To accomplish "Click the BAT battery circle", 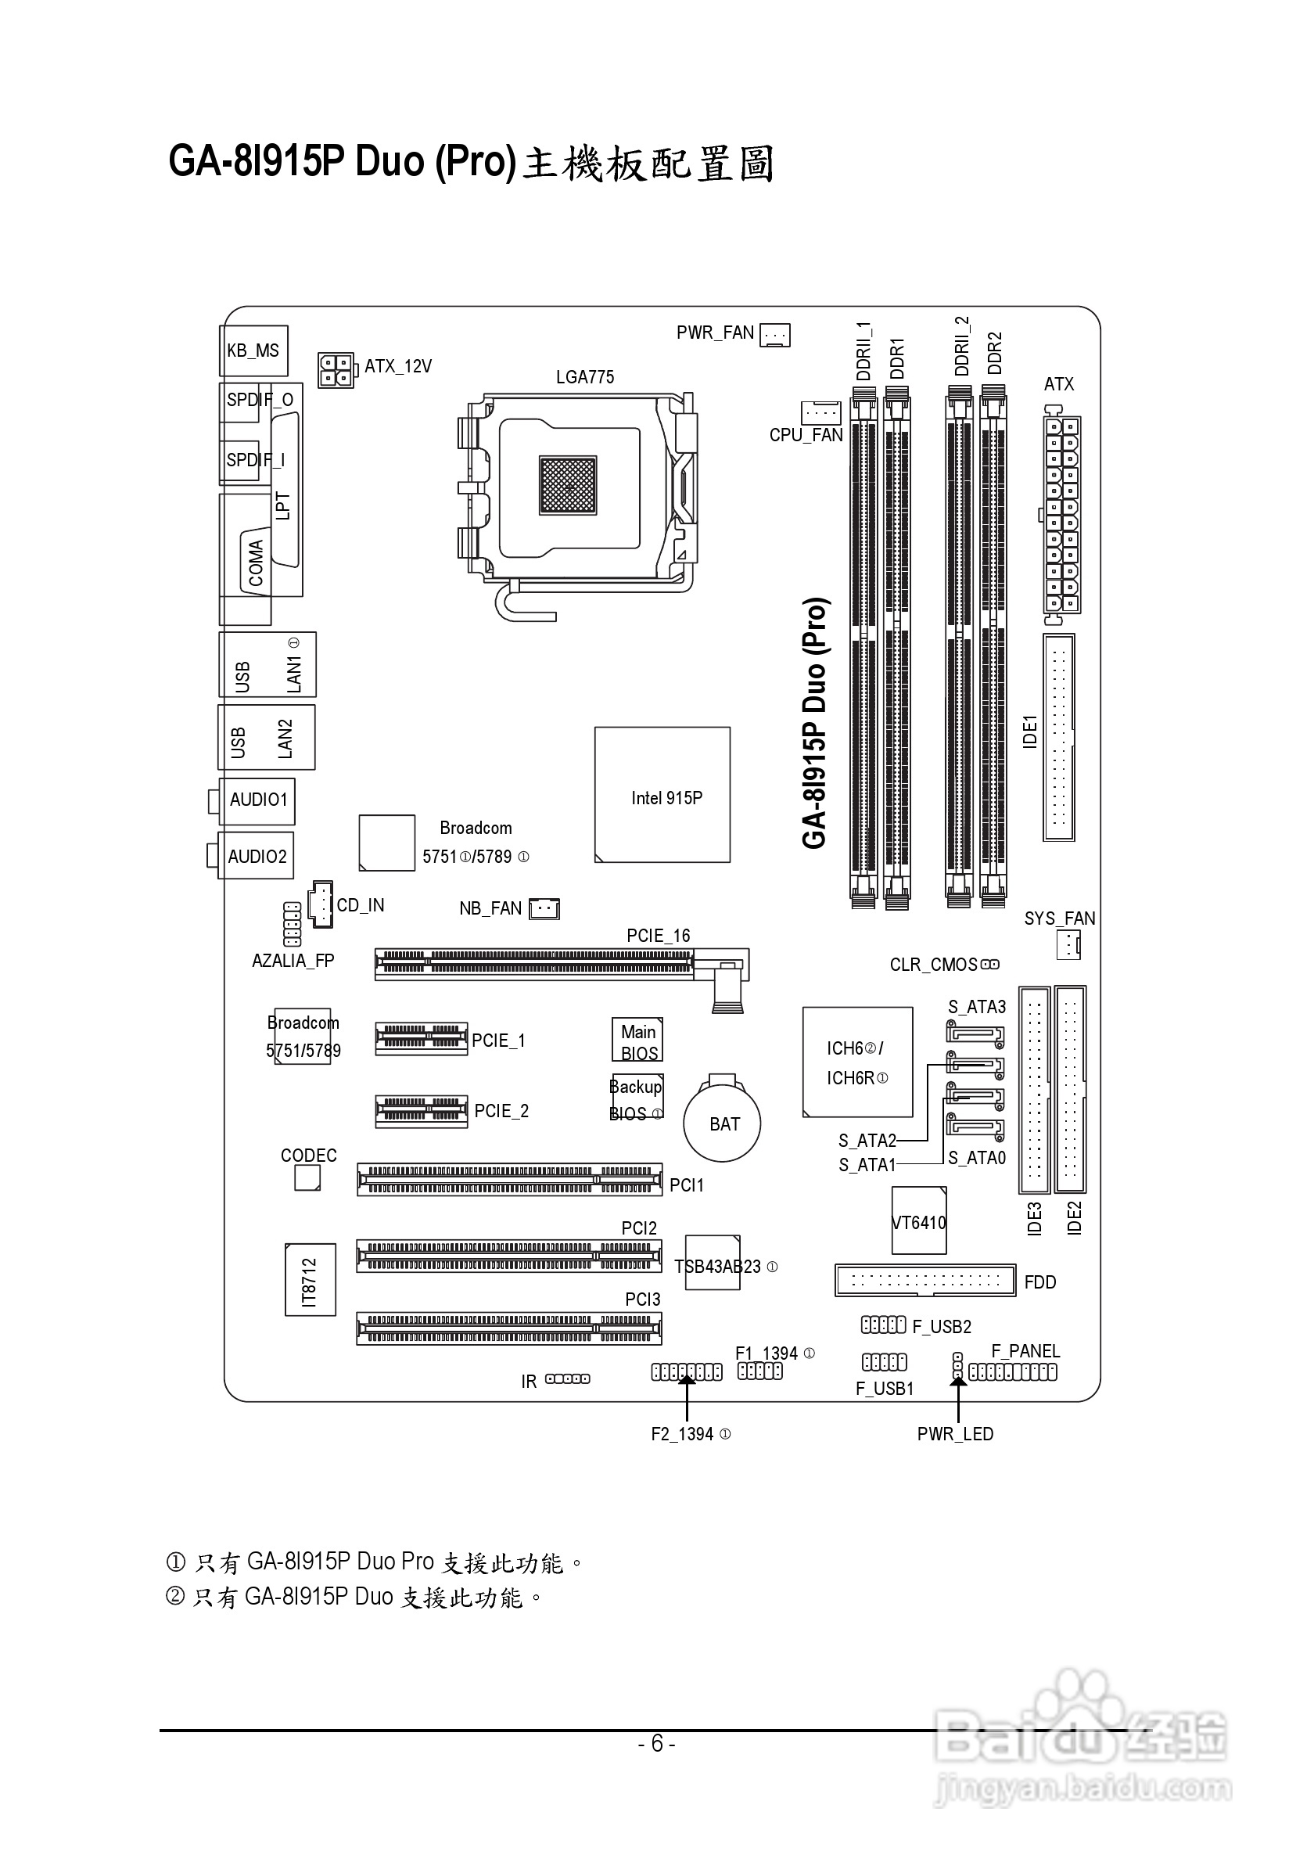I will [722, 1123].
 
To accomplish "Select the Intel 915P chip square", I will [662, 795].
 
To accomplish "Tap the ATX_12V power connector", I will [336, 370].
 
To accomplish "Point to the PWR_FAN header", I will [775, 334].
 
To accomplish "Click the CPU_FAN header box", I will [821, 412].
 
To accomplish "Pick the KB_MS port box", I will [253, 350].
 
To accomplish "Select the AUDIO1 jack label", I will [259, 800].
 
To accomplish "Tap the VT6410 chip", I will [918, 1222].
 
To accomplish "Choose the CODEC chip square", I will [307, 1177].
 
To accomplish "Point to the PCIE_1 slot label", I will [498, 1041].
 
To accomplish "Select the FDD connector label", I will [1040, 1282].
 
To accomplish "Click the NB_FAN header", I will [544, 909].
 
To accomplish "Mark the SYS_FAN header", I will [1068, 944].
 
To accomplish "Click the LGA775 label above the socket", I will [584, 377].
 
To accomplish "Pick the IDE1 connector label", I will [1029, 731].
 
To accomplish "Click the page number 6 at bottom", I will [656, 1744].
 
